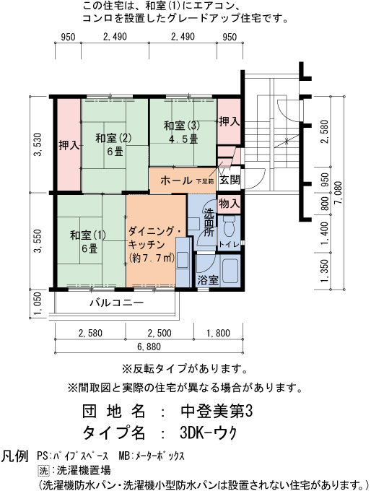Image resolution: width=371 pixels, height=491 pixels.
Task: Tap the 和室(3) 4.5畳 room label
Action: pos(182,132)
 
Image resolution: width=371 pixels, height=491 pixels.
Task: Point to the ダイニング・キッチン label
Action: pos(154,244)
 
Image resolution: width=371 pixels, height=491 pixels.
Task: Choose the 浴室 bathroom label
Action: pos(209,279)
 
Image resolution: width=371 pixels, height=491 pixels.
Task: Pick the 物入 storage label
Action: pos(230,204)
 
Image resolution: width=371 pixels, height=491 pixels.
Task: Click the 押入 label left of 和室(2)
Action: pos(69,144)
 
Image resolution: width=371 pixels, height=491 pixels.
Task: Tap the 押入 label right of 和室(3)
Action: pos(229,121)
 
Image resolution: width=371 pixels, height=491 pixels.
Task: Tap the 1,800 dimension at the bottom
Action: pos(218,333)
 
